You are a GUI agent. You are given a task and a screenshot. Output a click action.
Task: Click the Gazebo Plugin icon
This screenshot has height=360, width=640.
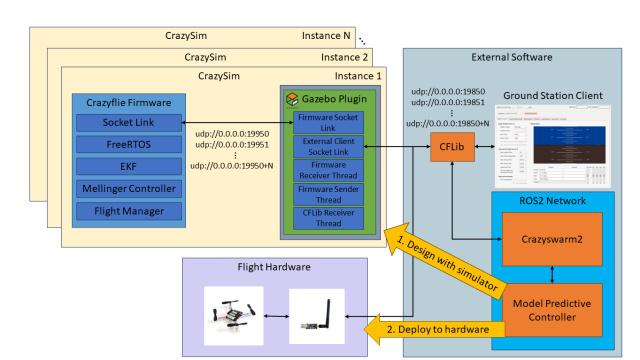[x=292, y=100]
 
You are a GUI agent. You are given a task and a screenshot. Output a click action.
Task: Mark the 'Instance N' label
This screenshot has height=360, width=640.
[x=326, y=35]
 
